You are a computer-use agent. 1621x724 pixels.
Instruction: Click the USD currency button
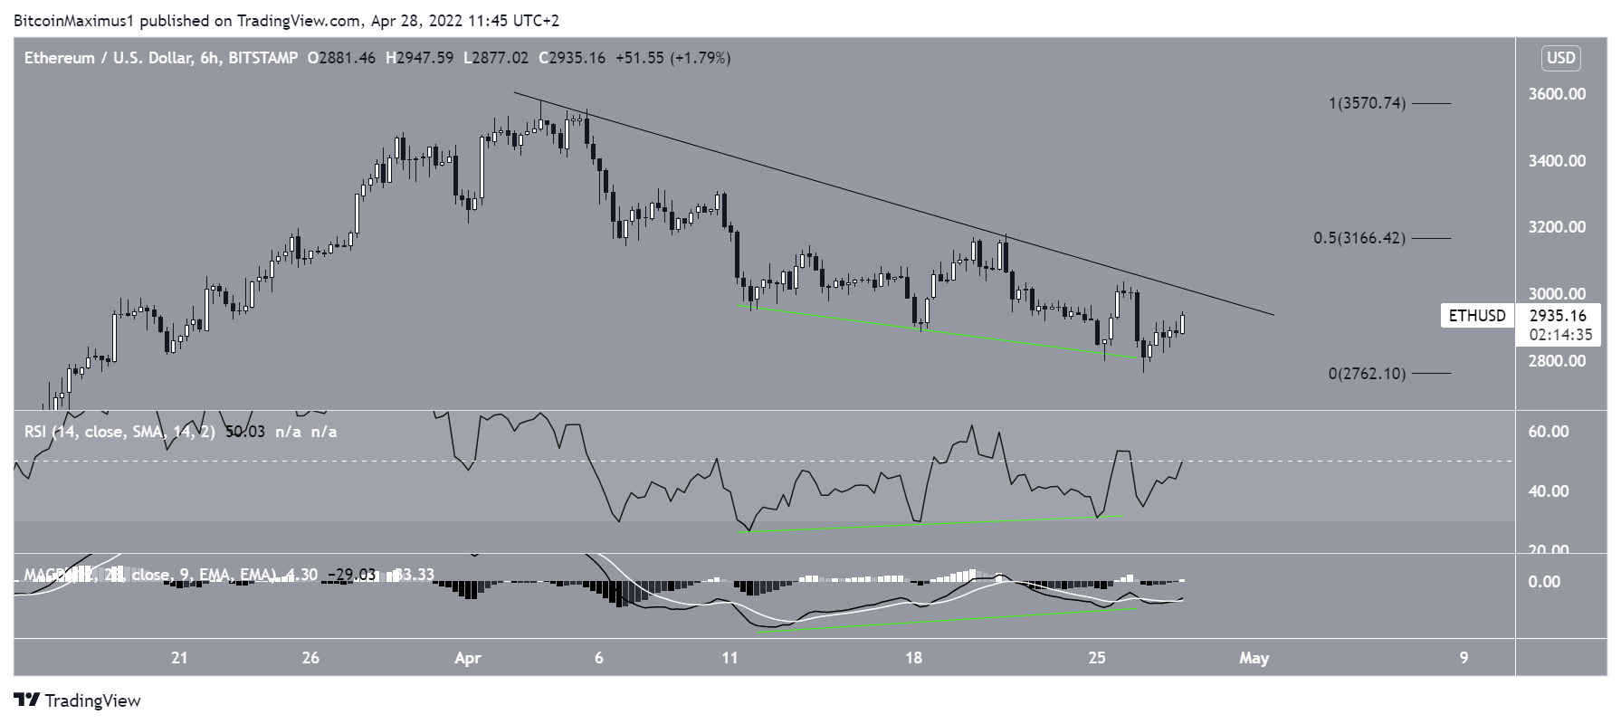tap(1560, 59)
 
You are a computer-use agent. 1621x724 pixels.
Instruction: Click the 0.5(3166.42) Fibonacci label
tap(1359, 239)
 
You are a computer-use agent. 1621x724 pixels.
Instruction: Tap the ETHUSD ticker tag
tap(1477, 316)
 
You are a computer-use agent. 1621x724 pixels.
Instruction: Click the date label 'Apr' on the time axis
tap(467, 658)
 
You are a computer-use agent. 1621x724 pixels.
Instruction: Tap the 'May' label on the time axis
tap(1254, 658)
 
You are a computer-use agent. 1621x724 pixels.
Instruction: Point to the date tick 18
tap(913, 658)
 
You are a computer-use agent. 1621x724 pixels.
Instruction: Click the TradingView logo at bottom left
tap(78, 700)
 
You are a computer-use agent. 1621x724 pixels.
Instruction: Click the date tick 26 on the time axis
tap(310, 658)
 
